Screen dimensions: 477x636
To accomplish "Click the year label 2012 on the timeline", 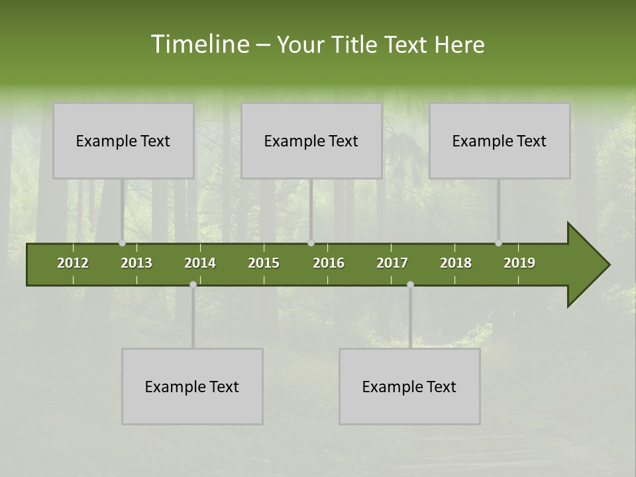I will tap(73, 263).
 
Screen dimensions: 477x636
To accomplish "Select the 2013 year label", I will tap(136, 263).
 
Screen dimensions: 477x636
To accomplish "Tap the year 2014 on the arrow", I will tap(200, 263).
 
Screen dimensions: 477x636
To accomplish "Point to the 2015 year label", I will tap(264, 263).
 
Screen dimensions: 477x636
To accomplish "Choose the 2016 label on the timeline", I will tap(329, 263).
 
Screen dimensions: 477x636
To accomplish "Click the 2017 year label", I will tap(392, 263).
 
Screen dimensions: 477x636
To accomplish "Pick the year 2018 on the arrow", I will tap(456, 263).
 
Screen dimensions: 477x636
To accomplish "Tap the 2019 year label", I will tap(519, 263).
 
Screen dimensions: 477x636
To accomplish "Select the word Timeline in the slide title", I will tap(199, 44).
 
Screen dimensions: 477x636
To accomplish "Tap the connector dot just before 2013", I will tap(122, 243).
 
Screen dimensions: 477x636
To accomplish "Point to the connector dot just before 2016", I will tap(311, 243).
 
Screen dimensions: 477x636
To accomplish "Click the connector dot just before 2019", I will tap(498, 243).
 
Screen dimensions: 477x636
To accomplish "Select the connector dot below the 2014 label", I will tap(193, 284).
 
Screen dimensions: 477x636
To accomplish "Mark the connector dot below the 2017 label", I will tap(410, 284).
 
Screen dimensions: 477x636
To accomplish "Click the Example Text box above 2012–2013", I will tap(123, 140).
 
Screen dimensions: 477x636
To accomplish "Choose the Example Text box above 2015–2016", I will tap(311, 140).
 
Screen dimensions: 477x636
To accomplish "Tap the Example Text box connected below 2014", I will tap(192, 386).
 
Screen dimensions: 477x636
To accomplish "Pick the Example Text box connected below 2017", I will tap(409, 386).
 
